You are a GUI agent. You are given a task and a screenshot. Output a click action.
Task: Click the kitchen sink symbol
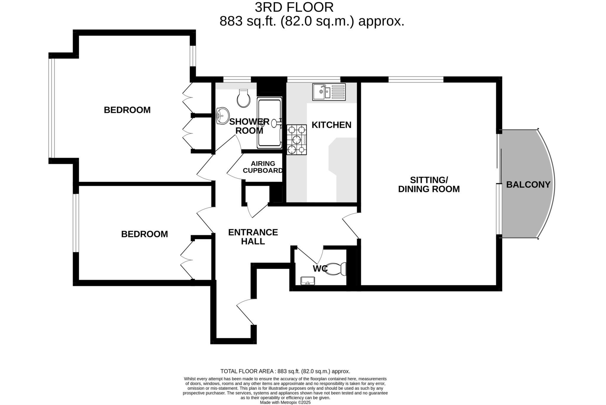329,92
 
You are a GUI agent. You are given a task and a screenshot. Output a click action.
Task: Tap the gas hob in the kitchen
296,140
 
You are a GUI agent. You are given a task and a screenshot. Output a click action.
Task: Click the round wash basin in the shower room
223,115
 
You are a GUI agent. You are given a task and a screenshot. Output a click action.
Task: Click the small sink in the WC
307,281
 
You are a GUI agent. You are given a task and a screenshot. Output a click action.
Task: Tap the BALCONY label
528,184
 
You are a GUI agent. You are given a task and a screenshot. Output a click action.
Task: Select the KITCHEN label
331,125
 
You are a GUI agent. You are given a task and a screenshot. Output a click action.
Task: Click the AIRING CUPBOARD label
263,167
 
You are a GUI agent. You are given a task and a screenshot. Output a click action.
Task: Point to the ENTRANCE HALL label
253,236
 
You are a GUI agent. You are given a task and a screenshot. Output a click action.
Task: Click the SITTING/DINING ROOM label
429,184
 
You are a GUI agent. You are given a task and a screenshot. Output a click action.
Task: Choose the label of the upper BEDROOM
127,110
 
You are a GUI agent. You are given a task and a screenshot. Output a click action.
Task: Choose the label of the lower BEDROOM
144,234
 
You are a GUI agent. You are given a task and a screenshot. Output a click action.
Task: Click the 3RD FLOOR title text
294,7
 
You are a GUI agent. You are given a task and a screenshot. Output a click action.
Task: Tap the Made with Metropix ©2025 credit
285,402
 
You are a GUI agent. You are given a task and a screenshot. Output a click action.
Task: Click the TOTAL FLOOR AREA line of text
285,371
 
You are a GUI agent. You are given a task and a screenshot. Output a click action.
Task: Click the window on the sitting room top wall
416,79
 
